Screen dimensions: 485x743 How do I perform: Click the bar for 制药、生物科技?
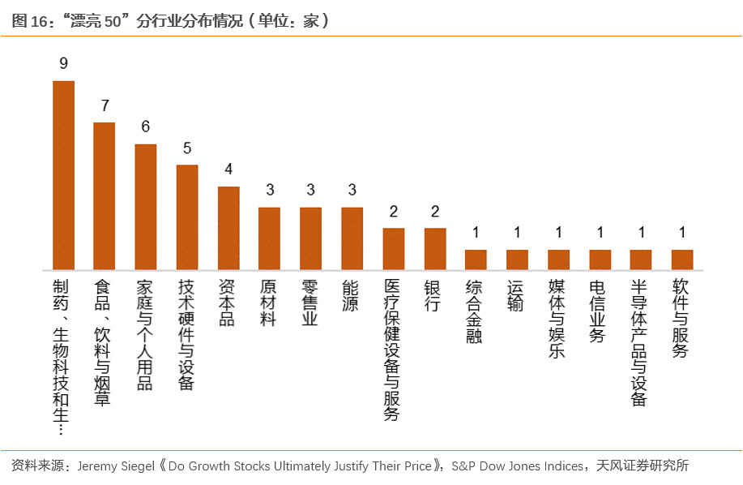(63, 175)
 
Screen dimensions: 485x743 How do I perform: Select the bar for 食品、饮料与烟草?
(105, 196)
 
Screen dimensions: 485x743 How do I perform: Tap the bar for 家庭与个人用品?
(146, 207)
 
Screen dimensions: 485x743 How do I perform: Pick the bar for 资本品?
(228, 228)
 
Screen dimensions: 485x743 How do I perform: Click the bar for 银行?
(435, 249)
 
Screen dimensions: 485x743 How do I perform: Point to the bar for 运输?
(517, 260)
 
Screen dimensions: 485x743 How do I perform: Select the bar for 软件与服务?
(682, 260)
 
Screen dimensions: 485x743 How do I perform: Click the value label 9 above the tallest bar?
(63, 63)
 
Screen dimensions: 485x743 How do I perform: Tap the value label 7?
(105, 105)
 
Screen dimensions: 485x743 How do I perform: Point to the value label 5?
(187, 148)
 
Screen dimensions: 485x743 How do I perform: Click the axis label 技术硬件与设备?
(187, 335)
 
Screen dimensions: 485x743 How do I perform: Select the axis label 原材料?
(270, 303)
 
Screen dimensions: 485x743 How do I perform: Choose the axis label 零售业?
(311, 303)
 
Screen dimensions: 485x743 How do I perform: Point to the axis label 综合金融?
(476, 311)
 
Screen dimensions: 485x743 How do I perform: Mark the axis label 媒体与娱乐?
(558, 319)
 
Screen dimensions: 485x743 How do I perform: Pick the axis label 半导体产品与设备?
(641, 342)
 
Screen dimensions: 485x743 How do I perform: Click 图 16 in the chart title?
(28, 21)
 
